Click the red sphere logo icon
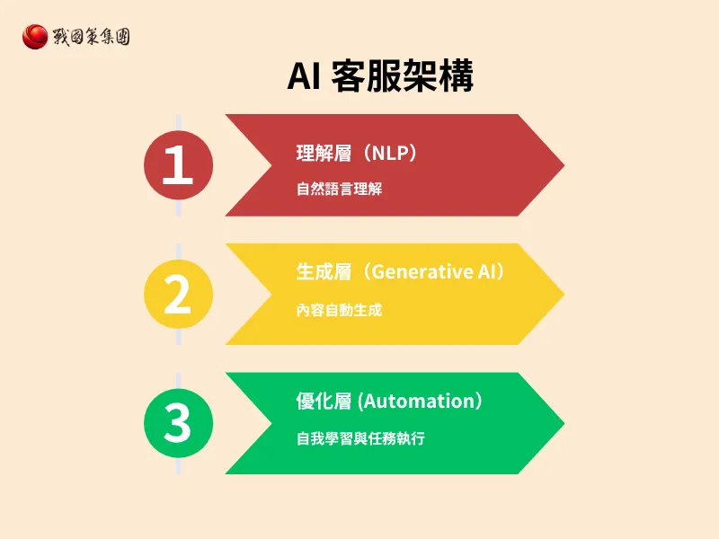tap(35, 37)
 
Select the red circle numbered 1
tap(178, 165)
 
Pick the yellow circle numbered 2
tap(178, 294)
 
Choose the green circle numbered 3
tap(178, 423)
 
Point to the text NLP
tap(393, 154)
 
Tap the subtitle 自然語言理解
tap(339, 190)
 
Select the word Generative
tap(422, 272)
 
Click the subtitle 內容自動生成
tap(339, 310)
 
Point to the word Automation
tap(418, 402)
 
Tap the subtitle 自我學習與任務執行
tap(360, 439)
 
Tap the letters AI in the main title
tap(303, 78)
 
